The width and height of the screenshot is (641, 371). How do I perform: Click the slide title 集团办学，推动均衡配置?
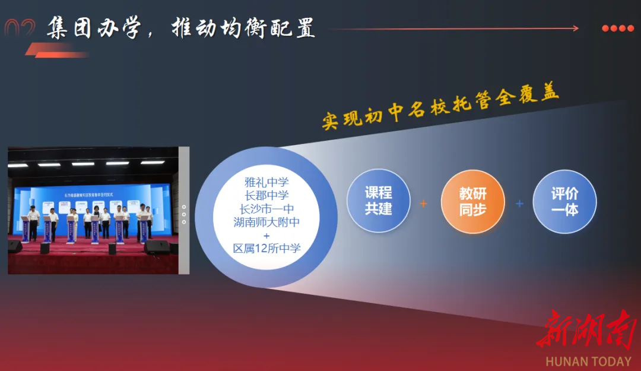181,27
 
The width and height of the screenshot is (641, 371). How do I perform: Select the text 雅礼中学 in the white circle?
266,182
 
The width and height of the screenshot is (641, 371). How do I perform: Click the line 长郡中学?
266,196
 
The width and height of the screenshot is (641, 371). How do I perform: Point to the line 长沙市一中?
266,209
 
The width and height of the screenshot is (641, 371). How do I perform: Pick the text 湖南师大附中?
266,222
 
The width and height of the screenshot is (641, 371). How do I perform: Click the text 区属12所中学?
266,249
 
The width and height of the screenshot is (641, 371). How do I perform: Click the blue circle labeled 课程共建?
378,201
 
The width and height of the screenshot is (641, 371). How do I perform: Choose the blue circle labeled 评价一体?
564,201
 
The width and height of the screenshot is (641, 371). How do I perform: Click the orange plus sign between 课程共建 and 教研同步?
423,203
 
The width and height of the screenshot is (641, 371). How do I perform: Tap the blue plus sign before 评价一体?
519,203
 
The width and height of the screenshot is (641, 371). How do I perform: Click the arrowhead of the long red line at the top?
575,28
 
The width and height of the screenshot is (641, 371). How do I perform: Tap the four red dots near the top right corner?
617,28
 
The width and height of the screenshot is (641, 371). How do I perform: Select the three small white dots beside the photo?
184,215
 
